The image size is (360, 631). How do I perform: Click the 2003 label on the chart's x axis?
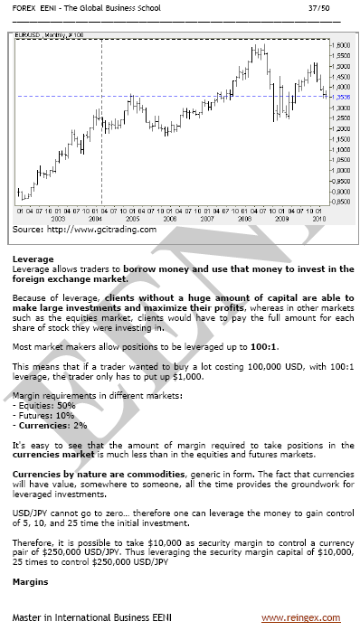(58, 219)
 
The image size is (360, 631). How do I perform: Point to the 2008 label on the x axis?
(244, 219)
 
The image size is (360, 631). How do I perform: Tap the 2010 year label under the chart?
(317, 219)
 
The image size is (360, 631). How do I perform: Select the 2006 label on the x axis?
(169, 219)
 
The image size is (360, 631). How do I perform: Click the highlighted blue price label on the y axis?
(342, 97)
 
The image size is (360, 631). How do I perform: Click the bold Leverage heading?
(33, 259)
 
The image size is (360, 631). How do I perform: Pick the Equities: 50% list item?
(46, 409)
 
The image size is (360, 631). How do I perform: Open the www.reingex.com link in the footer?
(301, 618)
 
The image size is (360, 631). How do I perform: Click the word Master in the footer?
(29, 618)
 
